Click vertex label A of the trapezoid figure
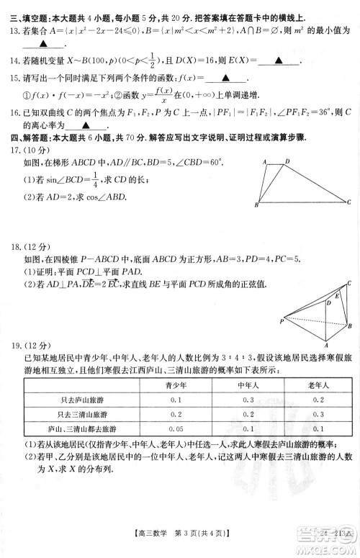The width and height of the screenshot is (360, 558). point(265,163)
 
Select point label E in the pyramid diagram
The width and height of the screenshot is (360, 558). point(334,295)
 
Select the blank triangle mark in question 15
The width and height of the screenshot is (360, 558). point(225,78)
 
